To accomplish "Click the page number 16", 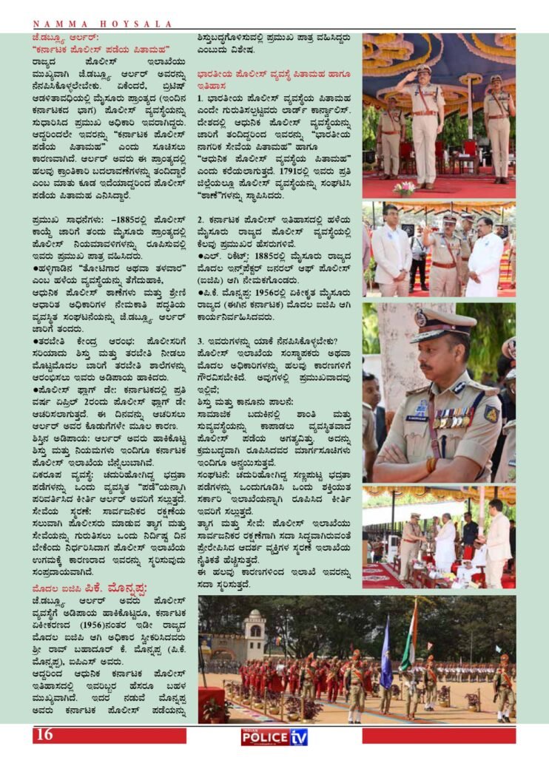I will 44,734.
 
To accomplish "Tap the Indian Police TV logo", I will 274,736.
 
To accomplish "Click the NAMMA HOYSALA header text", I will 104,24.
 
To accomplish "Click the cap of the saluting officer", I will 423,69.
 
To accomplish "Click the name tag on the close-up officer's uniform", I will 417,418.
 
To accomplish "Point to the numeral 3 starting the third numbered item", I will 201,341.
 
